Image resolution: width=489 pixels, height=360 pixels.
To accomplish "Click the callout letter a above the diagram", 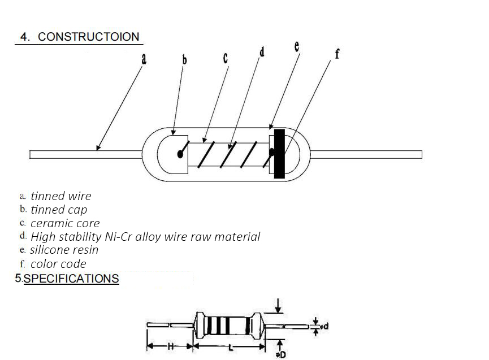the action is click(x=144, y=59).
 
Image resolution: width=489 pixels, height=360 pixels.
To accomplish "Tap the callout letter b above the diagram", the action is click(x=184, y=59).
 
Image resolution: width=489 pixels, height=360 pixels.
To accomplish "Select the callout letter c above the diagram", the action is click(x=226, y=58).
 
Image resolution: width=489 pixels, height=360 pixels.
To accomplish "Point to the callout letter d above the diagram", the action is click(x=262, y=52).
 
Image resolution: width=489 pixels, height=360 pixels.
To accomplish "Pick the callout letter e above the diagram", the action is click(x=297, y=46).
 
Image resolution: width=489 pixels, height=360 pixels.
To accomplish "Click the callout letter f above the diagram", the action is click(x=337, y=54).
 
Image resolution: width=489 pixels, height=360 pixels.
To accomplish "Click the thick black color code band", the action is click(x=279, y=154).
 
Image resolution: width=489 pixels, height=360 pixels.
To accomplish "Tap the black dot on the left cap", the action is click(x=180, y=154).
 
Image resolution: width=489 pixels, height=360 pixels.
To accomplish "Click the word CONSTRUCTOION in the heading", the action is click(x=89, y=37).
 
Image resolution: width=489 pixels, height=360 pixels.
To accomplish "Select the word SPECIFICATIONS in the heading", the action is click(x=71, y=279).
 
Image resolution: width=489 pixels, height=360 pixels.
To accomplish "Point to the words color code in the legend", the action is click(x=58, y=264).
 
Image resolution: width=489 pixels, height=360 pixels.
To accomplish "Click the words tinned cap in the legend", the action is click(x=59, y=210).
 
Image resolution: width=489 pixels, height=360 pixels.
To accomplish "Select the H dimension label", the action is click(x=170, y=346).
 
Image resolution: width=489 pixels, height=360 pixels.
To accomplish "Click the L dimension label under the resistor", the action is click(x=231, y=347).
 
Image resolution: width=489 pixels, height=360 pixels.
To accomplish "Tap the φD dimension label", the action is click(x=281, y=354).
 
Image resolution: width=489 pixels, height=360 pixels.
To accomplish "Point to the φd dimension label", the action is click(x=324, y=326).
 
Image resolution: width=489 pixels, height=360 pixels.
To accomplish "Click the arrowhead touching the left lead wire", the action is click(x=98, y=148).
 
